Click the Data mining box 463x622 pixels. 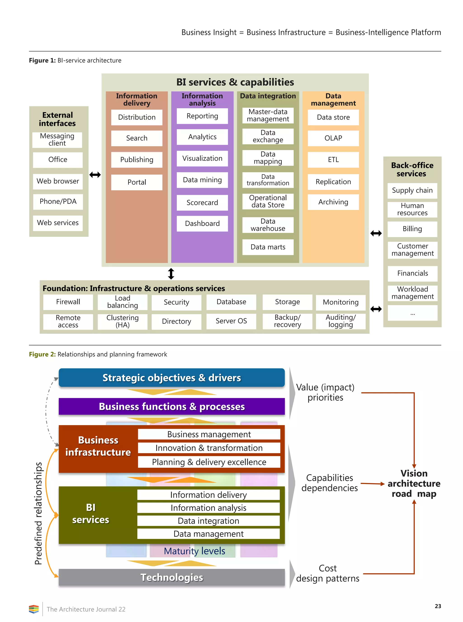point(202,180)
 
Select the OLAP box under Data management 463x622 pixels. point(333,138)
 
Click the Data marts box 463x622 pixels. point(268,247)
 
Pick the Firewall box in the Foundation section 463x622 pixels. point(68,302)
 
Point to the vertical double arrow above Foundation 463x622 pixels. point(171,274)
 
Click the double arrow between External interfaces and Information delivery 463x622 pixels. point(95,175)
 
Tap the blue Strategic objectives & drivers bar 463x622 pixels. point(172,378)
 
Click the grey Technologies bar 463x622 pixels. point(172,577)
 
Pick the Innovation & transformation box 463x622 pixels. point(209,448)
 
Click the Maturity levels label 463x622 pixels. point(194,551)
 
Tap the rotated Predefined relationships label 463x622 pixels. point(38,513)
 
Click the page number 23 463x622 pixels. point(437,606)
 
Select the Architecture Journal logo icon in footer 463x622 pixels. point(34,609)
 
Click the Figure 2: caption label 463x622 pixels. point(42,354)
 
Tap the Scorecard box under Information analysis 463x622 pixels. point(202,203)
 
